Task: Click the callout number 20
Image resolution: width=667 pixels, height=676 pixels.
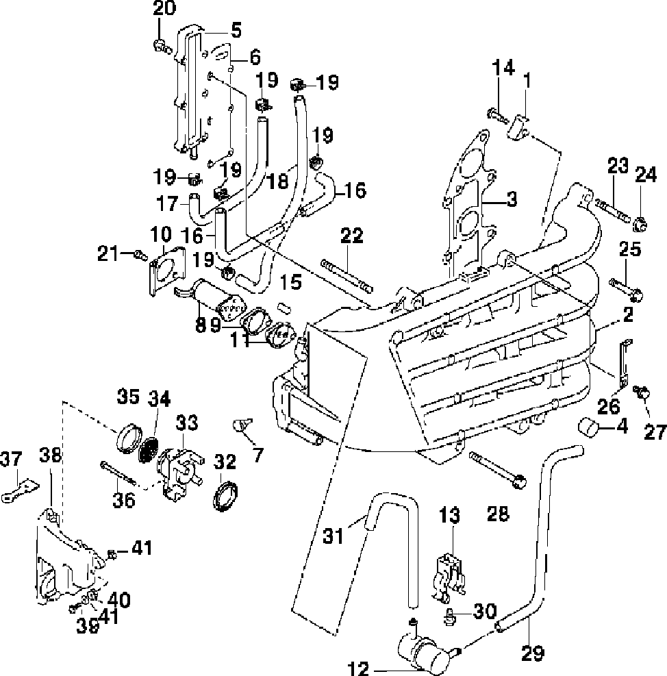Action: tap(164, 8)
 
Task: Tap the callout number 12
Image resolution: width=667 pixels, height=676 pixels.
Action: tap(358, 668)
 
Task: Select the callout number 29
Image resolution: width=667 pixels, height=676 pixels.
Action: tap(533, 653)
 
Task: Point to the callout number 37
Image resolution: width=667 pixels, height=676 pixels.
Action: tap(11, 459)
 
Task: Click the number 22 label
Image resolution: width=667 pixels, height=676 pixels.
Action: tap(352, 236)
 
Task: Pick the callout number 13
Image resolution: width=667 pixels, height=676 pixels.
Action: tap(450, 515)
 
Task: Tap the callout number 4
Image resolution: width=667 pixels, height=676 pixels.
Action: tap(622, 427)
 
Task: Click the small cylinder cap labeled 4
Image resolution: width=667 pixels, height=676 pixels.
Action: tap(588, 427)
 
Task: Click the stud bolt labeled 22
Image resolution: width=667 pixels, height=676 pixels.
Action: tap(347, 275)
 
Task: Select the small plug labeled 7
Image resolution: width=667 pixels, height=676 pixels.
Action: tap(242, 425)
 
